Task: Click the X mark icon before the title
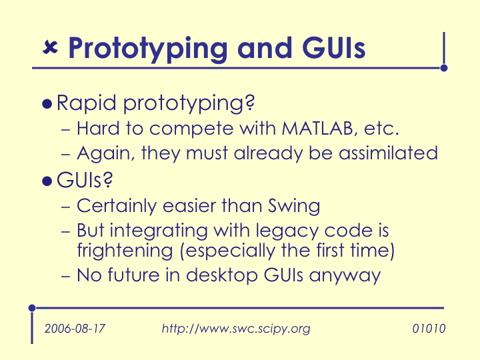pos(50,47)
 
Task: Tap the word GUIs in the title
pos(334,48)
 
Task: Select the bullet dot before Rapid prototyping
pos(47,104)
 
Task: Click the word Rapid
pos(86,103)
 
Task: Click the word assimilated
pos(388,153)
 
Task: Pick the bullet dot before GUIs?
pos(47,181)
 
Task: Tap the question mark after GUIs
pos(108,180)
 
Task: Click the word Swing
pos(294,206)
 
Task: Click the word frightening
pos(125,251)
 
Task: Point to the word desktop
pos(222,275)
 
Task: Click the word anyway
pos(345,277)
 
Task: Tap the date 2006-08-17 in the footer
pos(75,329)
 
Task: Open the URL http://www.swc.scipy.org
pos(236,329)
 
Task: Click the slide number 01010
pos(429,329)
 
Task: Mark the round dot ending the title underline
pos(444,68)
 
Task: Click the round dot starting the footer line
pos(32,308)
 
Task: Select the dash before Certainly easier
pos(66,207)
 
